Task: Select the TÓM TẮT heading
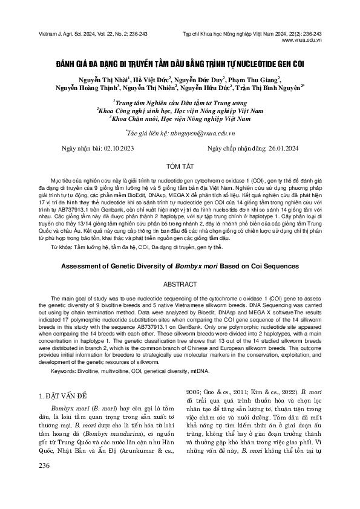click(180, 165)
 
